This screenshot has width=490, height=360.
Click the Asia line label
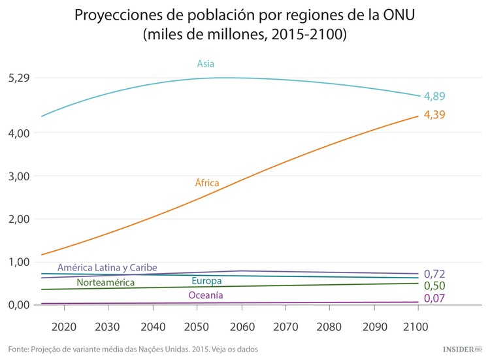pyautogui.click(x=206, y=64)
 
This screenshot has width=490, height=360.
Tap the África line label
pyautogui.click(x=207, y=183)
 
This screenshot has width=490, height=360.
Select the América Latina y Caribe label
pyautogui.click(x=107, y=268)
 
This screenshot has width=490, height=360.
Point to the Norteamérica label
pyautogui.click(x=106, y=283)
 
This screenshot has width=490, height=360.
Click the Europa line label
pyautogui.click(x=206, y=281)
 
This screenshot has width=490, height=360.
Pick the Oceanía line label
pyautogui.click(x=206, y=295)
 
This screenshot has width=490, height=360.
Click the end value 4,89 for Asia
pyautogui.click(x=434, y=96)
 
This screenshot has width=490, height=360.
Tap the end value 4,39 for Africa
pyautogui.click(x=434, y=115)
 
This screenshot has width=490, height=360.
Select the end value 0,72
pyautogui.click(x=434, y=273)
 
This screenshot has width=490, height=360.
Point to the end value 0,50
pyautogui.click(x=434, y=286)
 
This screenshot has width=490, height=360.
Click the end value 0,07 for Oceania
pyautogui.click(x=434, y=299)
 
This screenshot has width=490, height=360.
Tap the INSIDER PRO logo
pyautogui.click(x=461, y=350)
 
